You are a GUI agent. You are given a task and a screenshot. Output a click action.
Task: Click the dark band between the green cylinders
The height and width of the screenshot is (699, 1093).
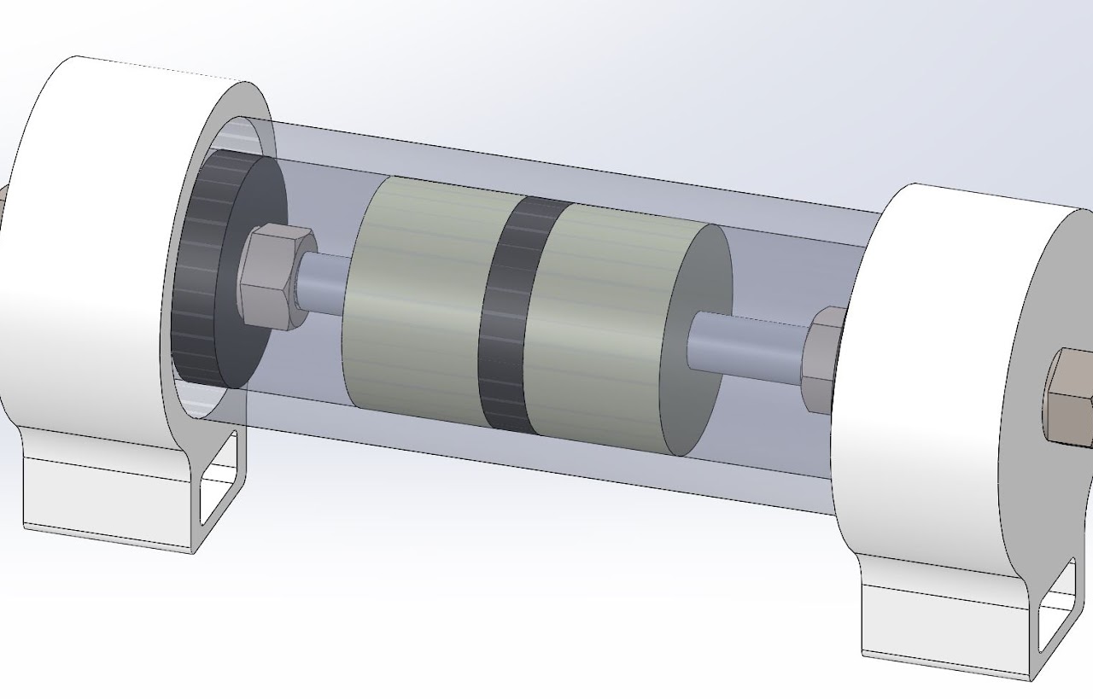(x=509, y=316)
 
